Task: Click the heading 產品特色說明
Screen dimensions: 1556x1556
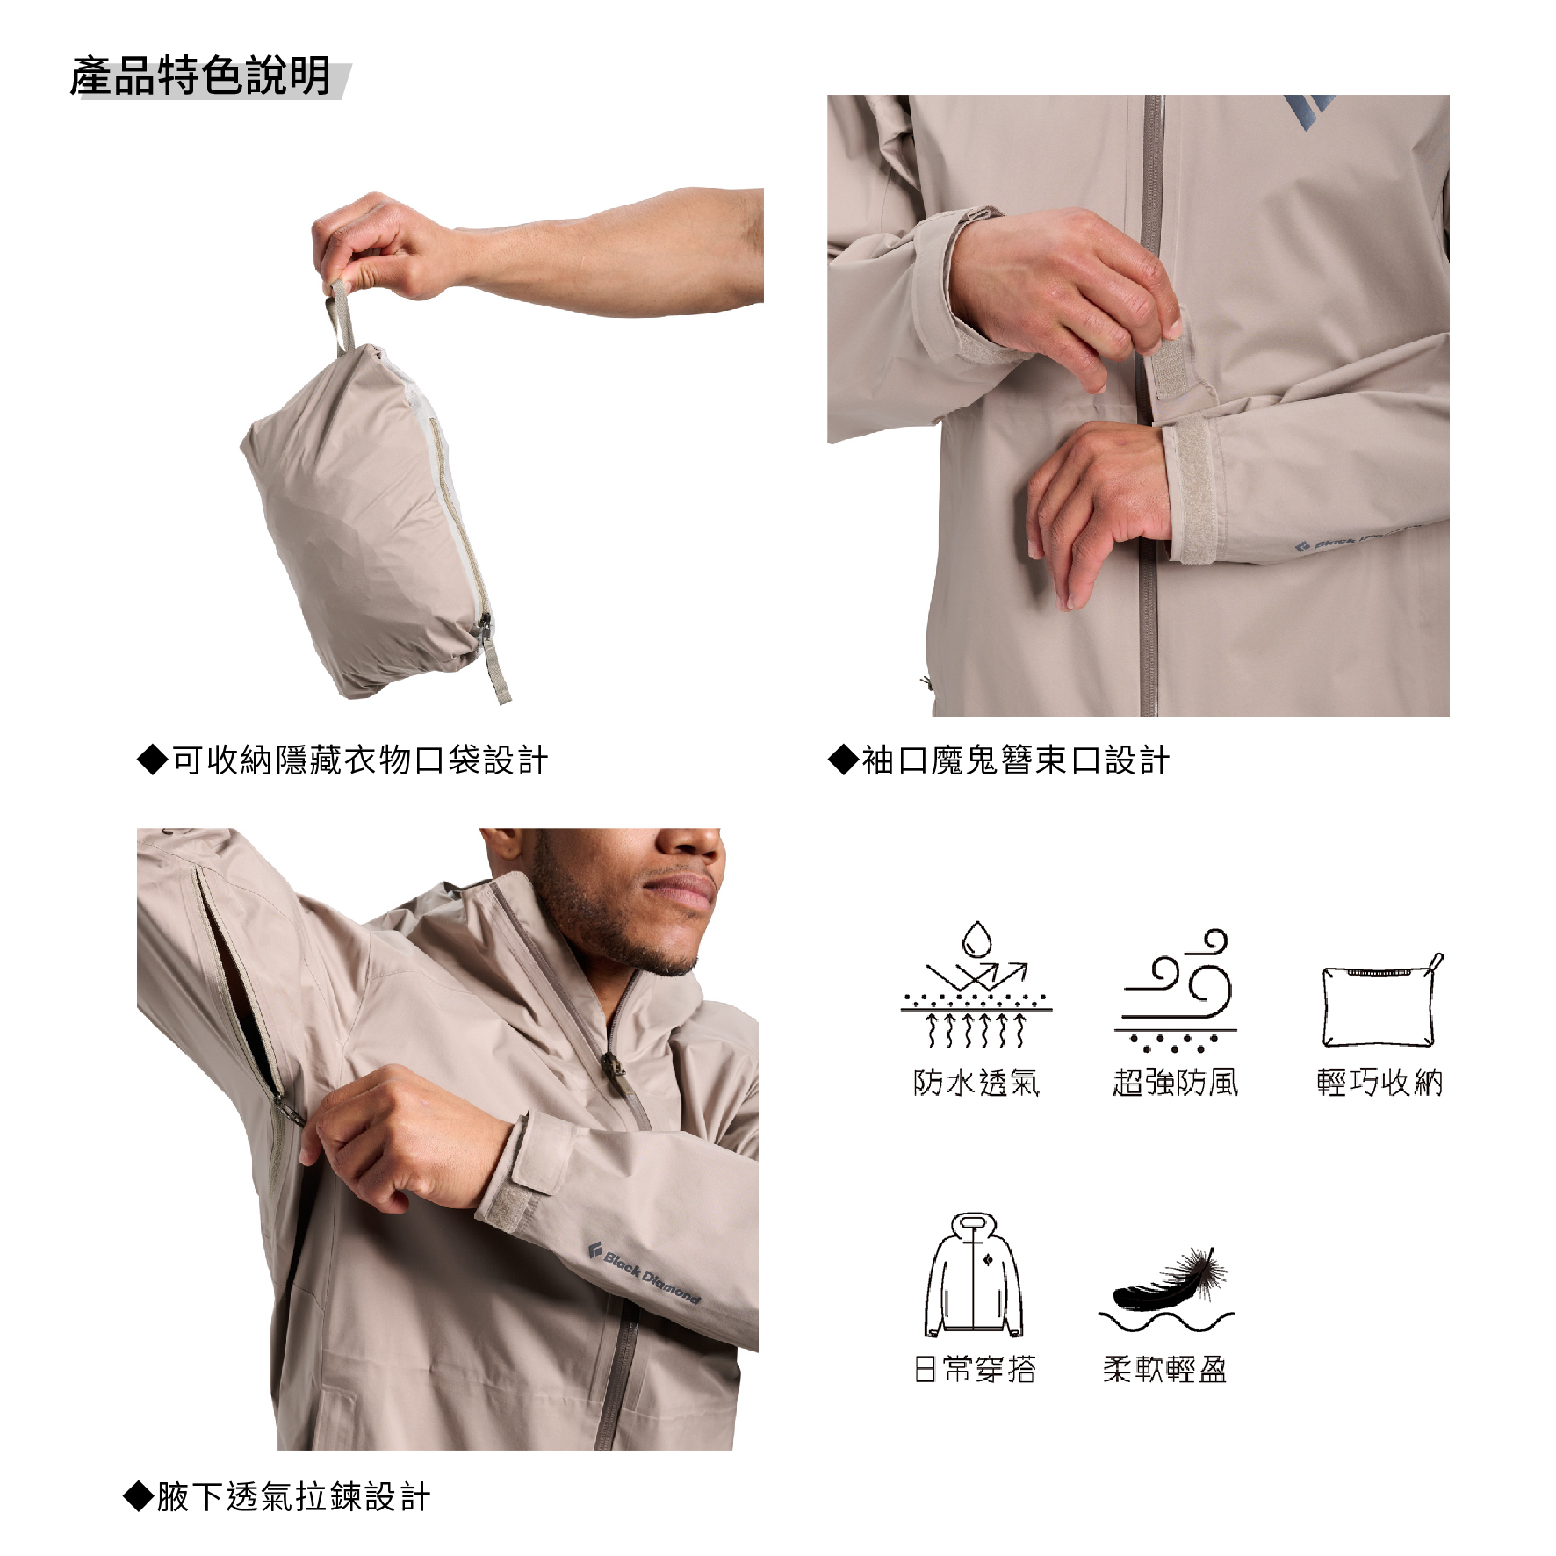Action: click(x=200, y=76)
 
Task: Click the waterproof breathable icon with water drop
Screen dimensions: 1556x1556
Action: click(x=976, y=984)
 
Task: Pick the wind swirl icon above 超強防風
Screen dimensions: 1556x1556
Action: click(x=1176, y=991)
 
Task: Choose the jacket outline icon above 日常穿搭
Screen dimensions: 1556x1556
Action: click(x=975, y=1274)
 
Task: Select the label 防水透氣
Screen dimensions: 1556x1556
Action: click(x=976, y=1082)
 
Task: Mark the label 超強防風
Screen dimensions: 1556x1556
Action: click(x=1176, y=1082)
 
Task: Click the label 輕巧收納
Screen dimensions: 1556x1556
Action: click(x=1380, y=1082)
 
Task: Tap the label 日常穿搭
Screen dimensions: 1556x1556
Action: click(x=975, y=1369)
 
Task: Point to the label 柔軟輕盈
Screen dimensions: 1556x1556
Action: click(x=1165, y=1369)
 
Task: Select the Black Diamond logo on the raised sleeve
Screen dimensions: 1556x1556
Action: click(x=644, y=1271)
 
